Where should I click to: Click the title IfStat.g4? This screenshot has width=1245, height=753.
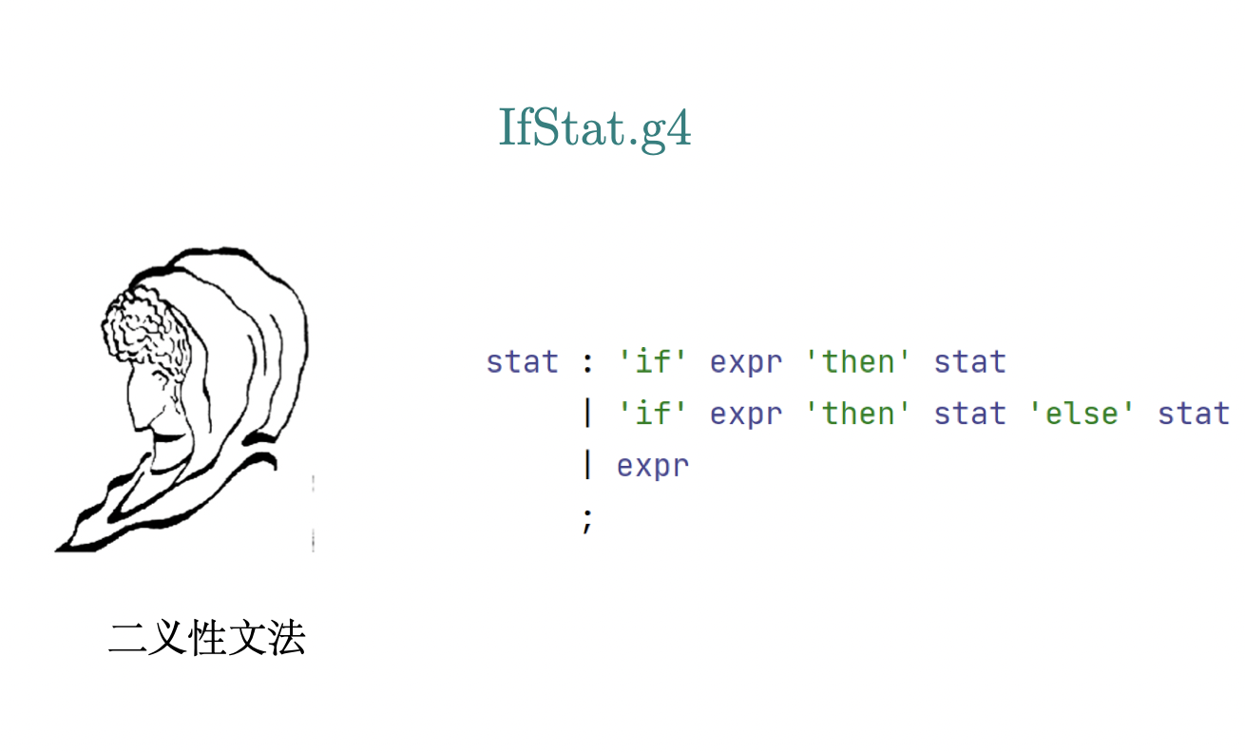coord(594,128)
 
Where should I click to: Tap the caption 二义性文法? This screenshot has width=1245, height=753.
coord(207,637)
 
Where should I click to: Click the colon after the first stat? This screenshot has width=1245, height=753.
coord(588,363)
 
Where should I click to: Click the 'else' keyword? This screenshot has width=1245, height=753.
coord(1081,414)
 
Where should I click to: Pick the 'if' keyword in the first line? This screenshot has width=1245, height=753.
coord(652,362)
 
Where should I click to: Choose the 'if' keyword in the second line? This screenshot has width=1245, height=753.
coord(652,414)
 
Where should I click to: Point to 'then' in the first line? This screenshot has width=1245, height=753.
coord(857,362)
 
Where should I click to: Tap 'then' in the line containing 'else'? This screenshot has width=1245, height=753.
coord(857,414)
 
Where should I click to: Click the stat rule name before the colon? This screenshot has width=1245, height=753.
coord(523,362)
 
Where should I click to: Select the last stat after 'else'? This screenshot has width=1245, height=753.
coord(1194,415)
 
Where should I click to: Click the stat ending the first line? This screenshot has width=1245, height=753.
coord(970,362)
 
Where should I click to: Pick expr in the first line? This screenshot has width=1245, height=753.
coord(746,364)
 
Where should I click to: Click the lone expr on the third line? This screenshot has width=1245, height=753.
coord(653,467)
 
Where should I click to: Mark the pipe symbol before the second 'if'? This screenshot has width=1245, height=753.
coord(588,414)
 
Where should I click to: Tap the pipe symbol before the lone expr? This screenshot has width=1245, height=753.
coord(588,465)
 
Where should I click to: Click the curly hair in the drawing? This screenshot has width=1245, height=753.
coord(145,329)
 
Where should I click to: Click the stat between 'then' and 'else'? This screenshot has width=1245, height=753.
coord(970,415)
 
